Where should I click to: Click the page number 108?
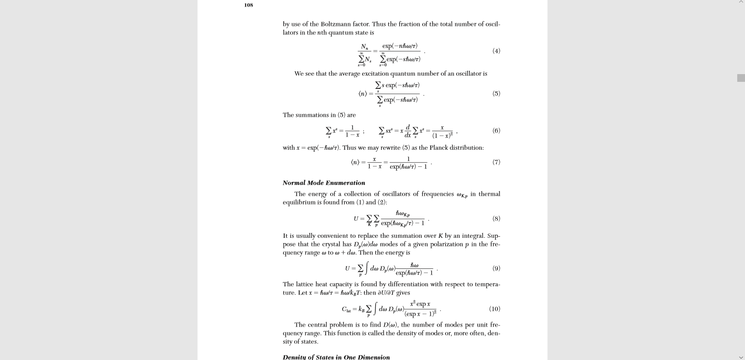[248, 5]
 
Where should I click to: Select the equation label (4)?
[496, 51]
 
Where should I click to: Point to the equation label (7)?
[496, 162]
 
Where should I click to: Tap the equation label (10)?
[494, 309]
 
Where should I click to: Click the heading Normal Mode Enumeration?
[324, 183]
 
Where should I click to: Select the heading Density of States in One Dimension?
[336, 357]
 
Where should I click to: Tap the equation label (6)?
[496, 131]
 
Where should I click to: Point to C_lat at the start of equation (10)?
[346, 309]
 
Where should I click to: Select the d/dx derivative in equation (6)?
[407, 131]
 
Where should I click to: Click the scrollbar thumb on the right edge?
[741, 78]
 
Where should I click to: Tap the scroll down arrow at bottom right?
[741, 357]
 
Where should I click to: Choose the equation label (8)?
[496, 219]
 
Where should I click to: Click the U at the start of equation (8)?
[356, 219]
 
